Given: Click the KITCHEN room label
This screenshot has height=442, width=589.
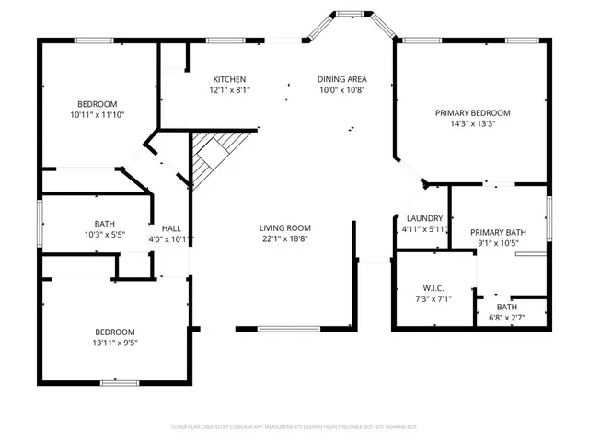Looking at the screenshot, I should click(230, 79).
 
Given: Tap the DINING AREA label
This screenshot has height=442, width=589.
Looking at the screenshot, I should click(342, 79).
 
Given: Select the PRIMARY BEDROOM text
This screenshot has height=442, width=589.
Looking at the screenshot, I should click(472, 112).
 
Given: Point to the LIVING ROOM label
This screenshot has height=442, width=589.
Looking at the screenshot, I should click(284, 227).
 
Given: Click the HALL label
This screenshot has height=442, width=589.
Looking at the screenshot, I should click(171, 228).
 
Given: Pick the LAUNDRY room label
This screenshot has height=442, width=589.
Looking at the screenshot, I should click(424, 218).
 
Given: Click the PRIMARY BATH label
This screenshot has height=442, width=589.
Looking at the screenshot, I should click(499, 232).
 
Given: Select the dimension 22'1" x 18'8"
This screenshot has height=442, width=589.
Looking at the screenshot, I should click(284, 238).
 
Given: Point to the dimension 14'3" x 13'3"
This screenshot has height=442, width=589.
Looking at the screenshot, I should click(472, 123).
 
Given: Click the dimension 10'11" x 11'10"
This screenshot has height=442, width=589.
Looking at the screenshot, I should click(97, 114).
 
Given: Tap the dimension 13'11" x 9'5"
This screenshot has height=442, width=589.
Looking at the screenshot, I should click(114, 343).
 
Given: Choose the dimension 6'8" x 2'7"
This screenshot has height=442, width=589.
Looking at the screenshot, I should click(507, 318).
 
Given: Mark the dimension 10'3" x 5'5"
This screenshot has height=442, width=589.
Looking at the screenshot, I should click(104, 235).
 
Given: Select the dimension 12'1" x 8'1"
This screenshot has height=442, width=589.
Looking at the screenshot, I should click(230, 90).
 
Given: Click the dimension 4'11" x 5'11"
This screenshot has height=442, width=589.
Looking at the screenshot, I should click(424, 229).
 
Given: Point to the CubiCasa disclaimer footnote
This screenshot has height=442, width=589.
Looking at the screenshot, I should click(294, 427).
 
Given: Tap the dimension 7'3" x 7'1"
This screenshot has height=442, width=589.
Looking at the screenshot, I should click(433, 299).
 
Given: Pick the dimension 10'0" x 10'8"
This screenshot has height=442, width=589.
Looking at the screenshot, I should click(342, 90).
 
